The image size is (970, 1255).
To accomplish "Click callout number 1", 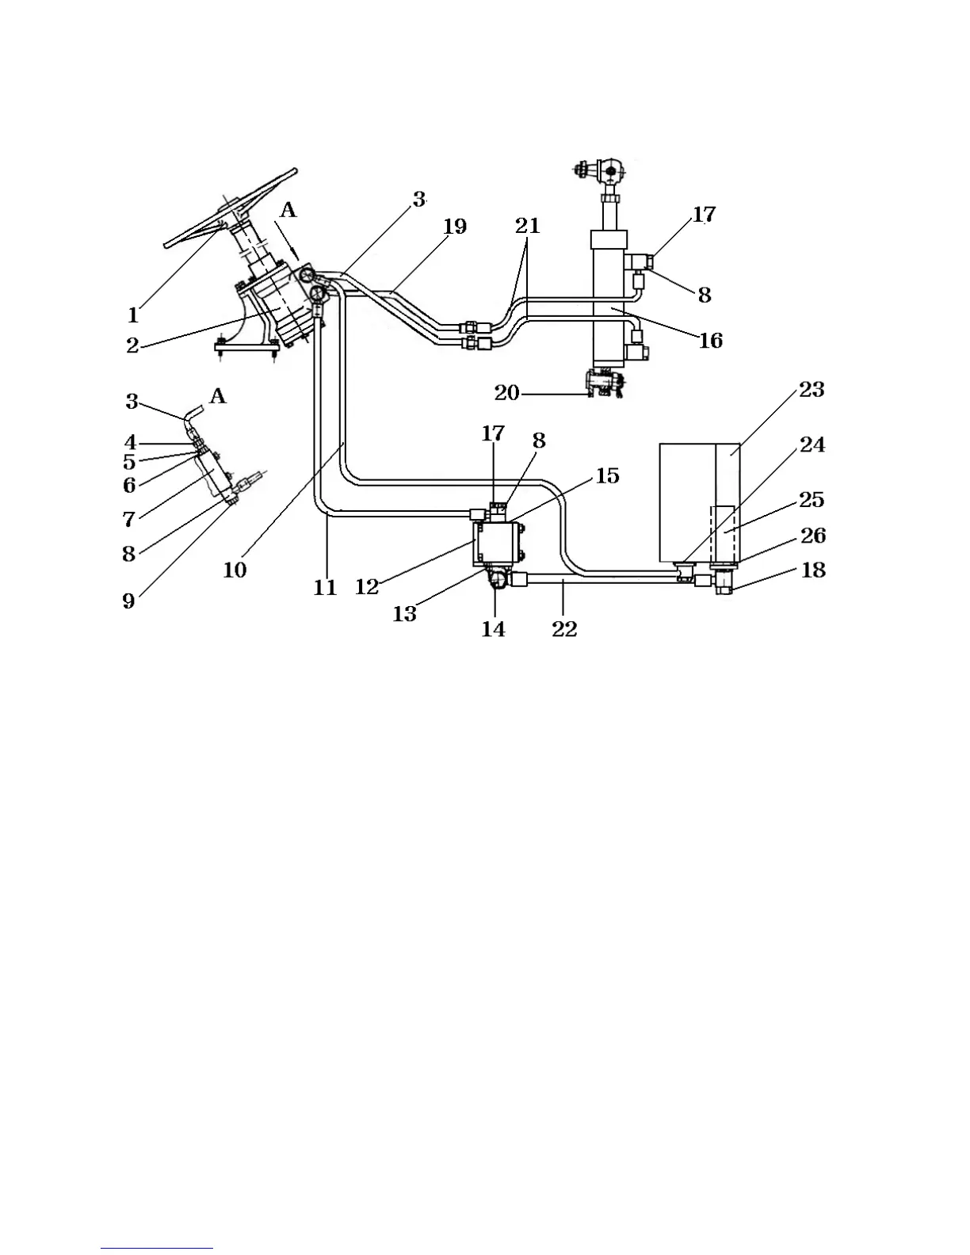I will point(133,315).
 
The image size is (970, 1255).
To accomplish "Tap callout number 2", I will point(132,345).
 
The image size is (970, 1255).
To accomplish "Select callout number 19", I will point(454,227).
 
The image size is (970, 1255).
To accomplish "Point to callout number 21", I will point(527,226).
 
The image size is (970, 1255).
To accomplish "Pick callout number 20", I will point(506,392).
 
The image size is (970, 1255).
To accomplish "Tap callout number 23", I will point(812,390).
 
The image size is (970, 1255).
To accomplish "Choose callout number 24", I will point(812,445).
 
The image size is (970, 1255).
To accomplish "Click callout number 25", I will point(812,500).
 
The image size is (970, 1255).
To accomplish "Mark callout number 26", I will point(813,536).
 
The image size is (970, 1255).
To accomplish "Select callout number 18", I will point(813,570).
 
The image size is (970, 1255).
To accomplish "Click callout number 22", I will point(564,629).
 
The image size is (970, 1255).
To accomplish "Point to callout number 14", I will point(493,629).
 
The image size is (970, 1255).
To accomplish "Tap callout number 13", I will point(404,614).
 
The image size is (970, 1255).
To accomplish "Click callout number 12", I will point(367,588).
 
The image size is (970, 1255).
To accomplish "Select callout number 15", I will point(607,475).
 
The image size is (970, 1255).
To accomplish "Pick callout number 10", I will point(235,570).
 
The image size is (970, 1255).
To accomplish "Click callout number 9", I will point(128,601).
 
